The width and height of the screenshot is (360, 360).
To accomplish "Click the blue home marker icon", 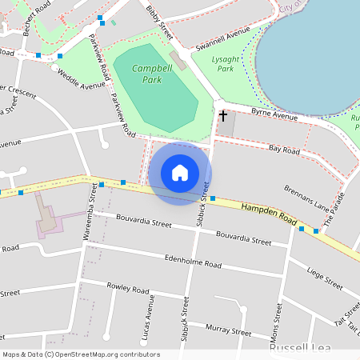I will tap(180, 173).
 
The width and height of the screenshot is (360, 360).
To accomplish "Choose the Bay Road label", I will tap(284, 150).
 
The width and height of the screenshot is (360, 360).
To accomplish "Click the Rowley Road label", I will tap(129, 290).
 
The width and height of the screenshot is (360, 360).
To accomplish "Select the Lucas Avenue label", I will tap(150, 318).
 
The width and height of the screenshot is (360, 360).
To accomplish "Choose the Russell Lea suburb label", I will tap(297, 350).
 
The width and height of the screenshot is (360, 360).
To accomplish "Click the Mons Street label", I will tap(280, 318).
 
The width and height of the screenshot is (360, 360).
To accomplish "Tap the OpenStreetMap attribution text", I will tap(80, 354).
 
